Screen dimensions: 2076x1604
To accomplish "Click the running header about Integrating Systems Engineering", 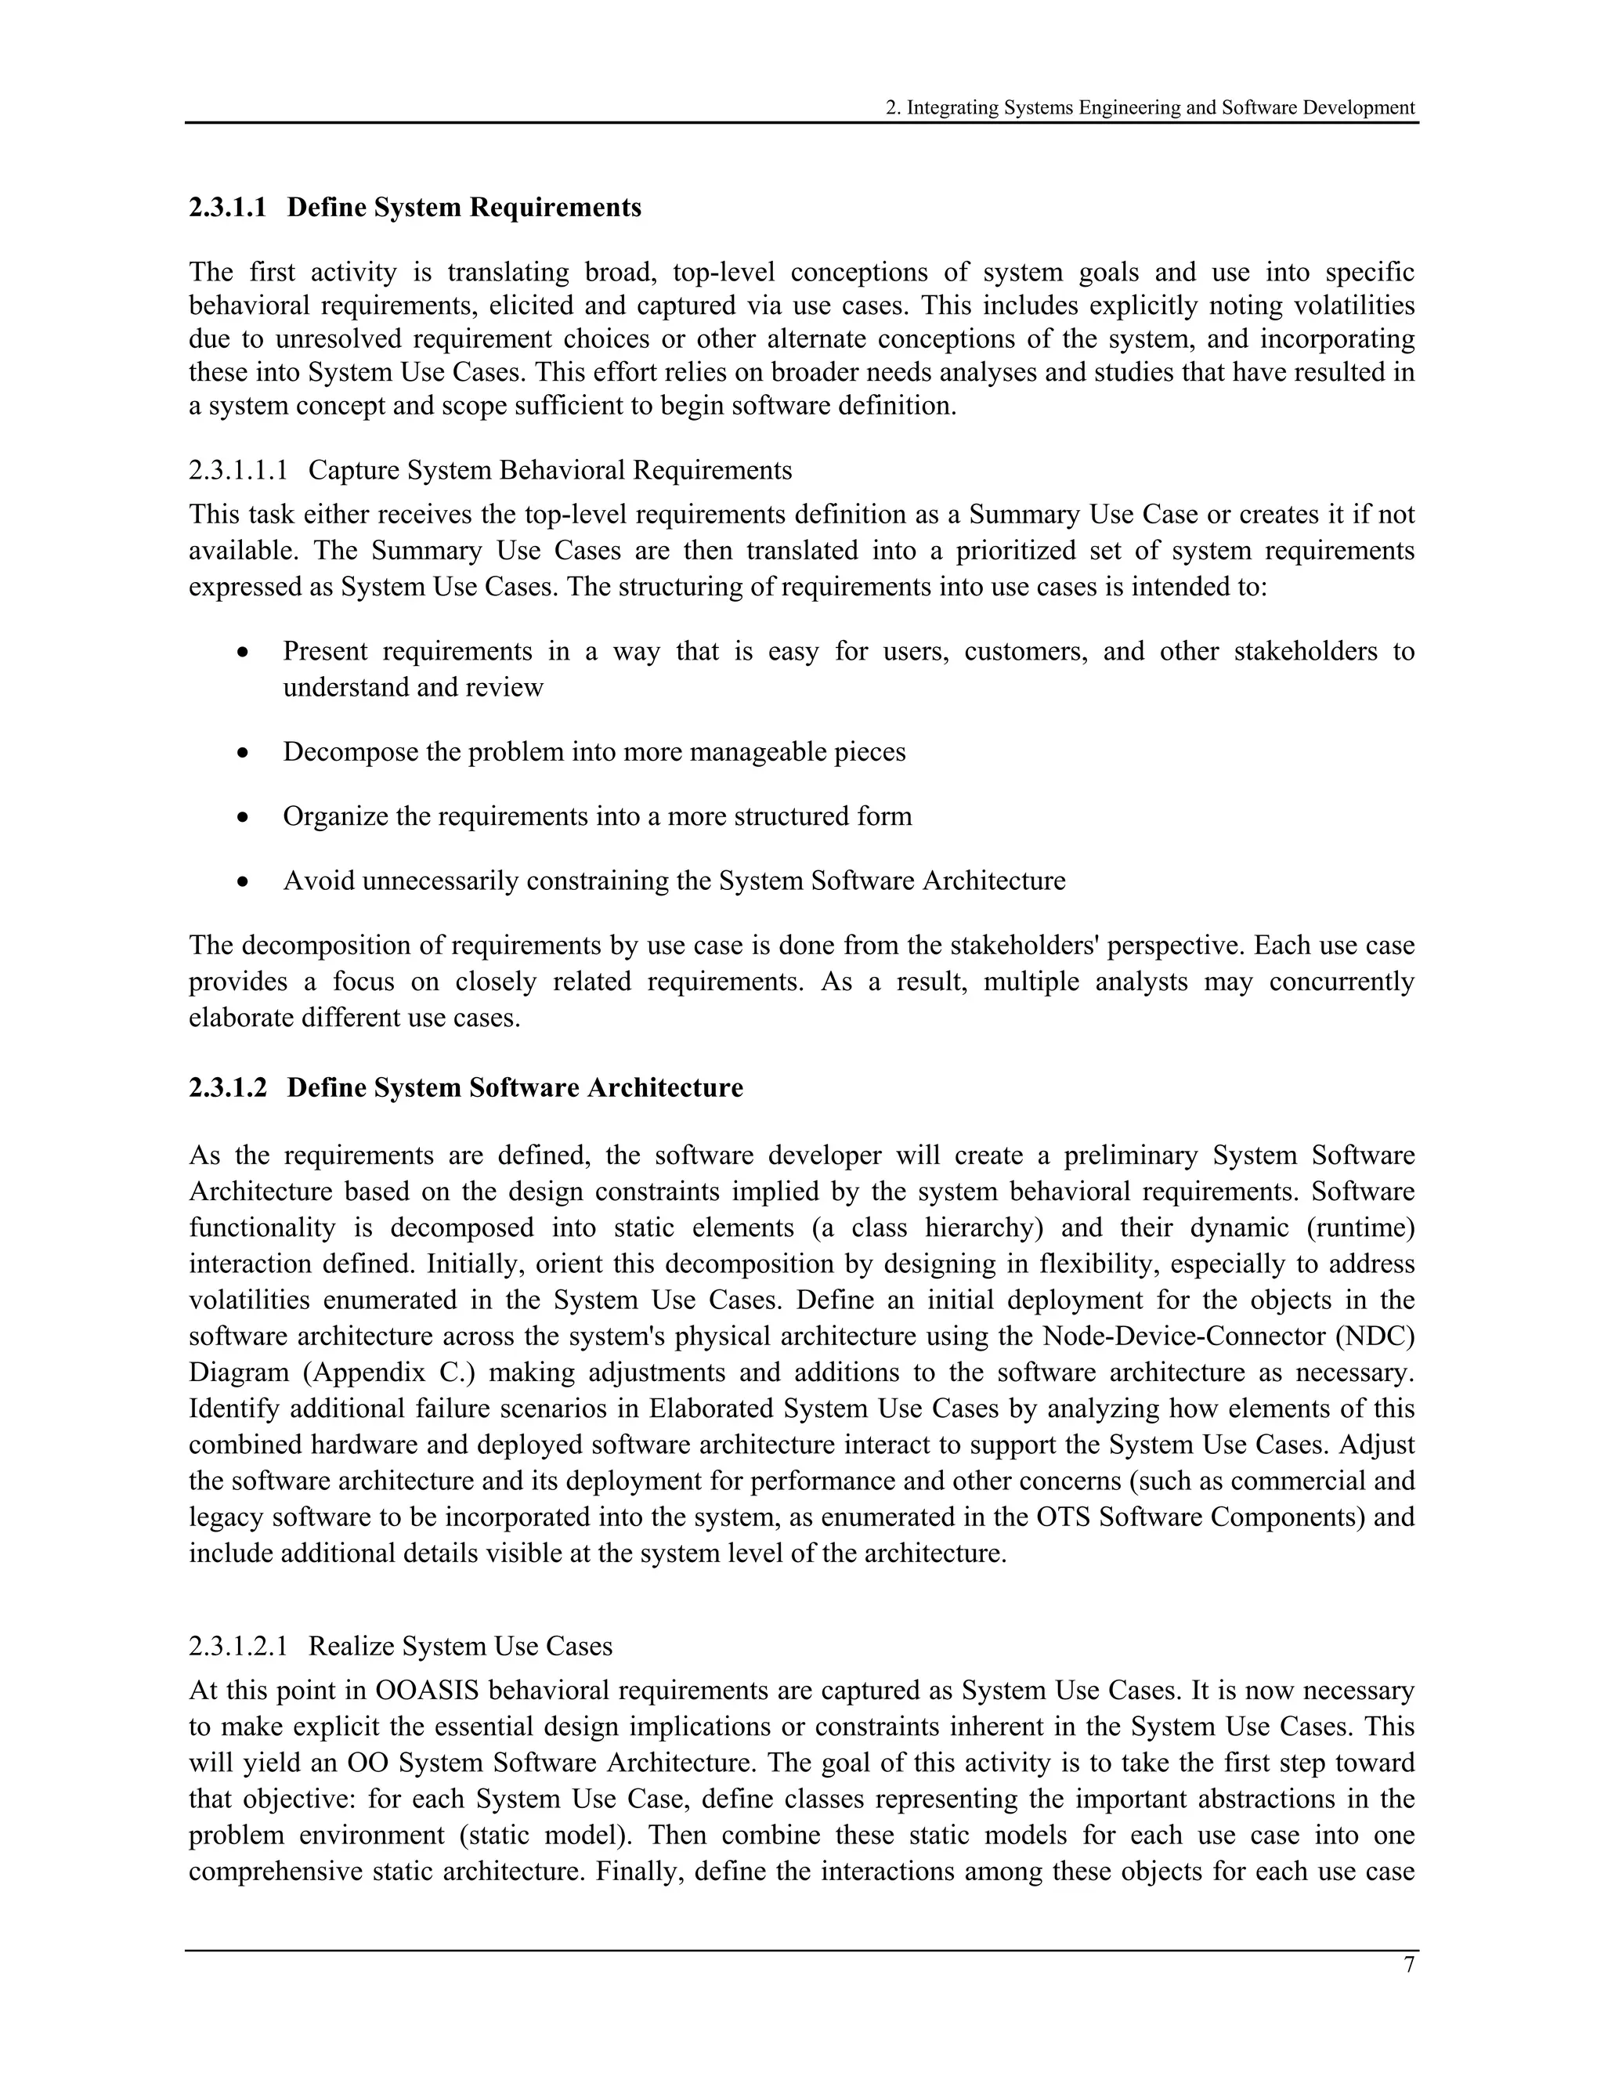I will pos(1150,107).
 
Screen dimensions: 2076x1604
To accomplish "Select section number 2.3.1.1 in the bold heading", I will pos(228,208).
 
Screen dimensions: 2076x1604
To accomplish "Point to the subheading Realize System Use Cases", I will pos(460,1645).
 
